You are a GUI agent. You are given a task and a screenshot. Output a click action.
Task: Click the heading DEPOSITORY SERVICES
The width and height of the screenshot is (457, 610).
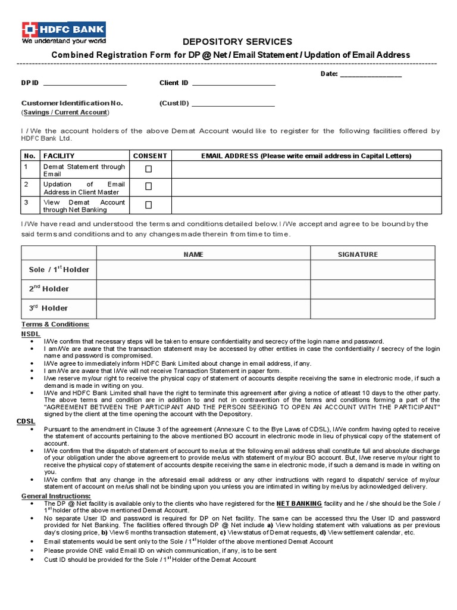(x=230, y=42)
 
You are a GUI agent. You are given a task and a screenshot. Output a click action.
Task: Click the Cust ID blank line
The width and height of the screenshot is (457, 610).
(x=233, y=103)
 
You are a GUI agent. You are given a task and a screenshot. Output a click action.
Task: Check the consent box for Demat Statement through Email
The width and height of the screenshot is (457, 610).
(x=149, y=169)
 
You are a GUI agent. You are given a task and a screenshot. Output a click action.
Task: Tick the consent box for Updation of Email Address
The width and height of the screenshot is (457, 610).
(x=149, y=186)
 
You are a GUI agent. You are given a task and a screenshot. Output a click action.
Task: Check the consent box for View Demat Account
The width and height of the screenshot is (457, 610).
(x=149, y=204)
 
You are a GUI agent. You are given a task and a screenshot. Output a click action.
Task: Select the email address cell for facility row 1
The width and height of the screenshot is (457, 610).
(x=306, y=169)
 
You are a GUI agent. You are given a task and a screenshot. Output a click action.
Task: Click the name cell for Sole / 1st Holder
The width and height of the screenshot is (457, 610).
(x=203, y=269)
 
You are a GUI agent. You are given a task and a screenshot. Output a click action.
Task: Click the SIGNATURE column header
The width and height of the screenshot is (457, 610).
(x=358, y=254)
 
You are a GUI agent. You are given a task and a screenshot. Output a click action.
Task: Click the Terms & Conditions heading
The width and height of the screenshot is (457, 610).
(x=55, y=324)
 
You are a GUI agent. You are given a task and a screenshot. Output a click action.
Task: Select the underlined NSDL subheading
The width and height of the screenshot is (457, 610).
(x=30, y=335)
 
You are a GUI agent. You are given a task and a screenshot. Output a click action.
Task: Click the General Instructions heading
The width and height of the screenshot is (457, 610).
(x=56, y=496)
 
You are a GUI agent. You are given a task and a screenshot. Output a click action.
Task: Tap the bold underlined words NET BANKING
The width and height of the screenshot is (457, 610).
(x=299, y=503)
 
